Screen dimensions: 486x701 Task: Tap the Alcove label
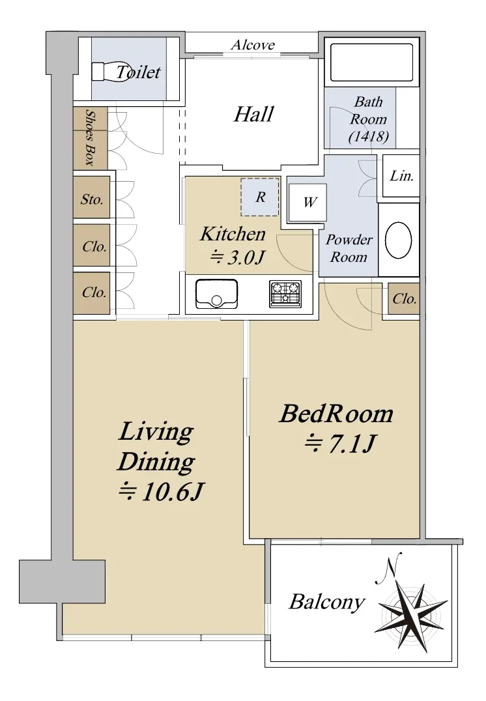click(253, 45)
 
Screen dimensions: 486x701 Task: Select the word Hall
click(253, 114)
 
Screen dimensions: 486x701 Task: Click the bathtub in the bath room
click(371, 63)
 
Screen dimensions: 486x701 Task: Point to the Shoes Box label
click(91, 137)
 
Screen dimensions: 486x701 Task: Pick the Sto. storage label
click(92, 199)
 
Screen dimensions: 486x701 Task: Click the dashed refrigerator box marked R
click(260, 197)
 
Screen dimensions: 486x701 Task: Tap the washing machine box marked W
click(307, 203)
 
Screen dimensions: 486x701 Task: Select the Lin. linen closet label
click(401, 176)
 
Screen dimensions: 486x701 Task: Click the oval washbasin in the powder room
click(398, 240)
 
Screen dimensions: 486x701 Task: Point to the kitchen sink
click(217, 293)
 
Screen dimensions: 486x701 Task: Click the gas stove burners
click(285, 293)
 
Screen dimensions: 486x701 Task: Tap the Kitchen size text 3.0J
click(238, 257)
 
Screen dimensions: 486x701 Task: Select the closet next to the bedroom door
click(404, 298)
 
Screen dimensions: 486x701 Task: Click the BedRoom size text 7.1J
click(340, 444)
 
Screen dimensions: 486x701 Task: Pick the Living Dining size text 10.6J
click(161, 492)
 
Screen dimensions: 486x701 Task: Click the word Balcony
click(327, 602)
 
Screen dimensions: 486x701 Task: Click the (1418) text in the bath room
click(369, 136)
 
